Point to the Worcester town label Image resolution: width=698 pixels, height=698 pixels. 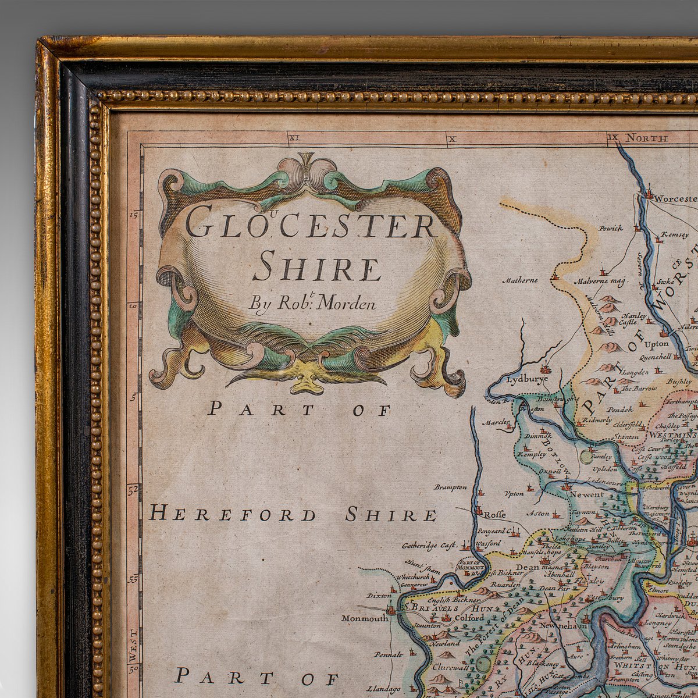pos(675,198)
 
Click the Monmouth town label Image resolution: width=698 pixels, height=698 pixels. pos(365,618)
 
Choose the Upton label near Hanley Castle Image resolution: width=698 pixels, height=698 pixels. pos(657,344)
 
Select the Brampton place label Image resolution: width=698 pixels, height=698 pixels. pos(450,487)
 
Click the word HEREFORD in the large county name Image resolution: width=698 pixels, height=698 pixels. pos(233,515)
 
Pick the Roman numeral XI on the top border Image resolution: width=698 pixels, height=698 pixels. pos(293,138)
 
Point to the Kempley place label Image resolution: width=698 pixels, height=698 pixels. pos(532,454)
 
